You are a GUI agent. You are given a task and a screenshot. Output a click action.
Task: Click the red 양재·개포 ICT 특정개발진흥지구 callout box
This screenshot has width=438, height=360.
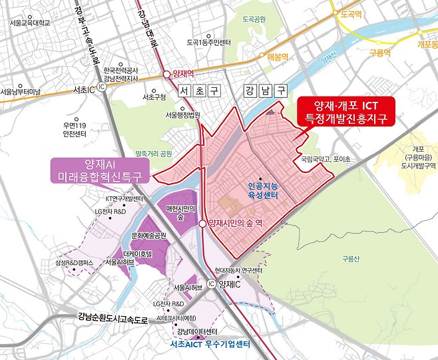coord(345,112)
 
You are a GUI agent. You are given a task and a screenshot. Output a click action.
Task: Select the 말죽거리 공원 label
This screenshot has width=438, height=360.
coord(158,152)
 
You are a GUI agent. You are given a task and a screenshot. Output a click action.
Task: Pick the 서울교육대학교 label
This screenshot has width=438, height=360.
coord(31,23)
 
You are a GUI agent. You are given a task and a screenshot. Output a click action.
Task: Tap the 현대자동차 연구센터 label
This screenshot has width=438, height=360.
coord(238,271)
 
